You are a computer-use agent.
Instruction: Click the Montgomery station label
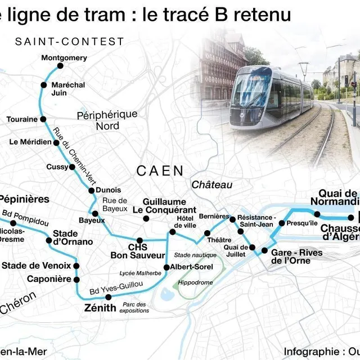pos(64,58)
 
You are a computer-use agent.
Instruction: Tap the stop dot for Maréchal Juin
pos(43,85)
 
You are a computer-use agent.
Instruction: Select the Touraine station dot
pos(42,119)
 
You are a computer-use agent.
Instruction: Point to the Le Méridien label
pos(30,142)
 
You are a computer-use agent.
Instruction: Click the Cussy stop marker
pos(72,167)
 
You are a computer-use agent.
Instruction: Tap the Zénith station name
pos(100,308)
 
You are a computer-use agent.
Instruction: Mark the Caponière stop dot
pos(76,279)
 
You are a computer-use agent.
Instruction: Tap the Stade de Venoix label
pos(36,265)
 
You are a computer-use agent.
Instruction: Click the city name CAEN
pos(160,170)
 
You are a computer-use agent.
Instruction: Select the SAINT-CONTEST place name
pos(70,42)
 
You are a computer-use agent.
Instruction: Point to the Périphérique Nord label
pos(107,120)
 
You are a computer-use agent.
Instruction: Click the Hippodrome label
pos(195,282)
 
